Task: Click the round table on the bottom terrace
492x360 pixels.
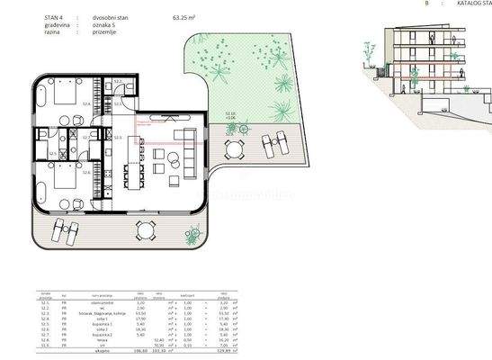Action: point(145,230)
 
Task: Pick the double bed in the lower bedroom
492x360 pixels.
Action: point(65,184)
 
